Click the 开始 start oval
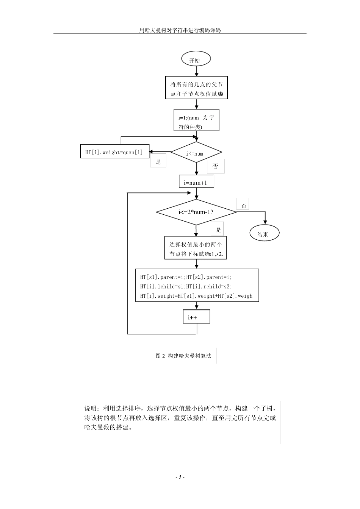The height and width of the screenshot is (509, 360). [196, 60]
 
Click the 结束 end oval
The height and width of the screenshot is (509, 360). [265, 234]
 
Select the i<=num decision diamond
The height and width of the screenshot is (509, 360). [196, 153]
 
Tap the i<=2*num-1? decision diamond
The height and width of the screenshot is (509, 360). [196, 212]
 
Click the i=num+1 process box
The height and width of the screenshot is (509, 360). [196, 182]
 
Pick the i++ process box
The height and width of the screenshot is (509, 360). [196, 317]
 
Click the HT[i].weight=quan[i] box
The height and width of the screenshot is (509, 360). [115, 152]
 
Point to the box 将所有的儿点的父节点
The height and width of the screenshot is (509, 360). [196, 88]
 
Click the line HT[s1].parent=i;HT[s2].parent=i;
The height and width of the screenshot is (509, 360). [186, 277]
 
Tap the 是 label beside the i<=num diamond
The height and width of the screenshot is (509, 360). [158, 162]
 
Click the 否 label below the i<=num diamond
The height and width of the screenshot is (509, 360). [216, 166]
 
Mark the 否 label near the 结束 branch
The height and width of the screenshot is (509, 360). [243, 205]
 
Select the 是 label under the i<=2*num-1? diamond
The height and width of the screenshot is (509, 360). [218, 230]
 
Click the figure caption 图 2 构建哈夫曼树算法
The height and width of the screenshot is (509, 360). [183, 356]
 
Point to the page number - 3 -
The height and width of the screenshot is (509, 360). [180, 477]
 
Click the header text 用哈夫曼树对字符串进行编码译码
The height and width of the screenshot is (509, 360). [180, 30]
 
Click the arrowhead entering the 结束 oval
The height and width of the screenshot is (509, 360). [265, 222]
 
